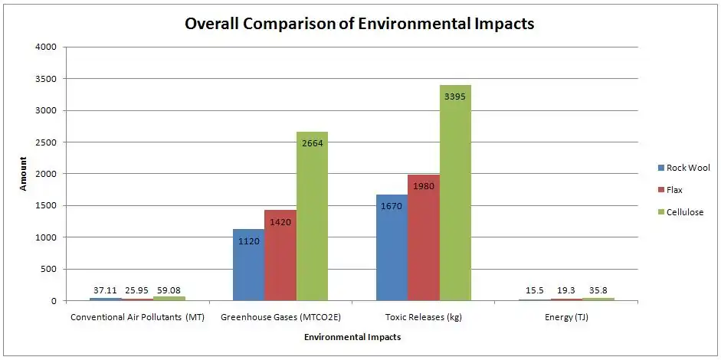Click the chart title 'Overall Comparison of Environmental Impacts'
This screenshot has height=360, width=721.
pos(359,24)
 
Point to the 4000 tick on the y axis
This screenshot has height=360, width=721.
pos(46,47)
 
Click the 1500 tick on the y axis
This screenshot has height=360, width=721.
pos(46,205)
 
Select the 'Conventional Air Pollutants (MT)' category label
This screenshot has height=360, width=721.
pos(137,316)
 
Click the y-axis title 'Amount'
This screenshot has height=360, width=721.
pos(24,174)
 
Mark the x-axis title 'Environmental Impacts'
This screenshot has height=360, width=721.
pos(352,337)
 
